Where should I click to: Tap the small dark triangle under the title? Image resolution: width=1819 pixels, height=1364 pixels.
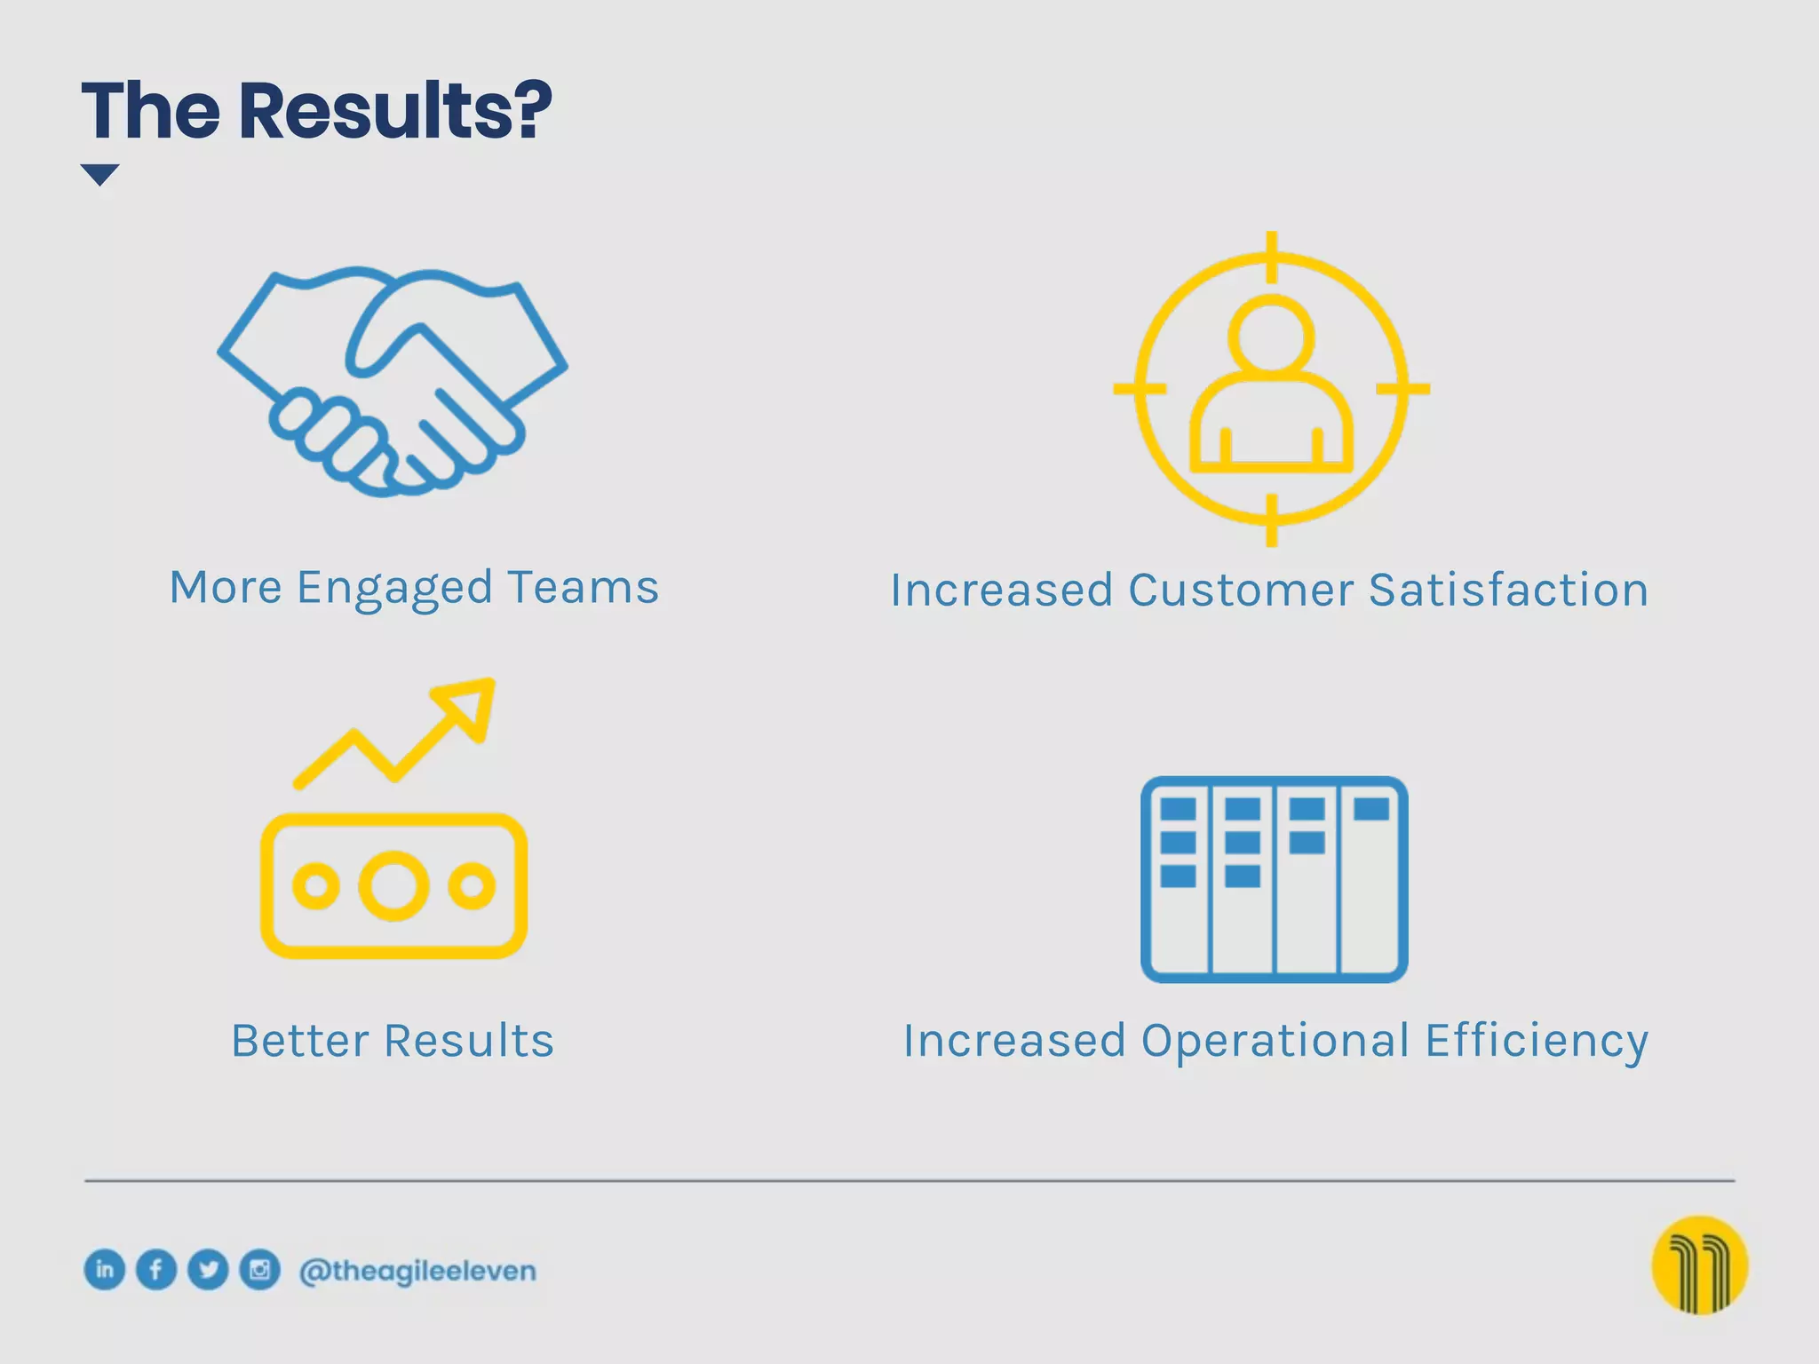point(99,174)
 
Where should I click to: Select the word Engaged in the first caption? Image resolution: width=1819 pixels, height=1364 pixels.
point(394,589)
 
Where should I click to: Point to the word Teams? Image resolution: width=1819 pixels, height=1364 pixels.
point(584,587)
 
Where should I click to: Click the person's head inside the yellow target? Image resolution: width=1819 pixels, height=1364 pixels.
point(1271,336)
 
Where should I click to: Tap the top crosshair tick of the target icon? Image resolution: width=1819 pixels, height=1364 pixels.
point(1271,257)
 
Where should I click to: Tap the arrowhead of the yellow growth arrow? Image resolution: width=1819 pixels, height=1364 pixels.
point(471,702)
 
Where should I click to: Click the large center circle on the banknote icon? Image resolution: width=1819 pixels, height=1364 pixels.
point(393,885)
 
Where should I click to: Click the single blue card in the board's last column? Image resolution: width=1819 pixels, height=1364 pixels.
point(1371,809)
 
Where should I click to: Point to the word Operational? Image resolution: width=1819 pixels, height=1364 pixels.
point(1275,1041)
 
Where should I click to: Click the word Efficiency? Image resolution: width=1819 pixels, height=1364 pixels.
point(1537,1041)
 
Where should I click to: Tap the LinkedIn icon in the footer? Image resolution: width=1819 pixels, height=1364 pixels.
point(105,1269)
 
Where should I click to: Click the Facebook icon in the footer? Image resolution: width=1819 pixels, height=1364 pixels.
point(156,1269)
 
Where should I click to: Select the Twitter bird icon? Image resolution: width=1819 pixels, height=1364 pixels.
point(209,1269)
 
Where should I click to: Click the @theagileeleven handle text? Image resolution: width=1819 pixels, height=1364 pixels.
point(417,1271)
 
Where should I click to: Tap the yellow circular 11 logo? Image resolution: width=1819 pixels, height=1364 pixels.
point(1699,1265)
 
